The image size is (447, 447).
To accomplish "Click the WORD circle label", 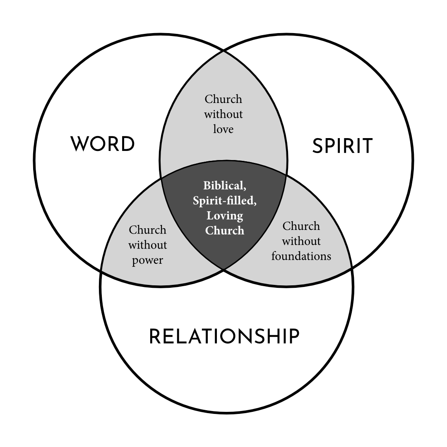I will [103, 144].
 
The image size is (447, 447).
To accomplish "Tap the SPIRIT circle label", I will [342, 146].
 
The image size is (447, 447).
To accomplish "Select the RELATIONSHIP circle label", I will [224, 337].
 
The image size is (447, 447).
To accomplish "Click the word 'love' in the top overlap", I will [223, 129].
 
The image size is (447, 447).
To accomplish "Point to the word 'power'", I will [147, 261].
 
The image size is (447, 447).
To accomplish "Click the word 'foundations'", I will [301, 256].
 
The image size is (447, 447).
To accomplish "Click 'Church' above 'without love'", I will [223, 99].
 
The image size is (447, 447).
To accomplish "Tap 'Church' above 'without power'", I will [147, 230].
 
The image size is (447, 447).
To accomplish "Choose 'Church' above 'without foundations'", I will [301, 226].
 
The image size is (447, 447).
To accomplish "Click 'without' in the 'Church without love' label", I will [223, 114].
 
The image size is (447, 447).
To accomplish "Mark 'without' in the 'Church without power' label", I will [147, 245].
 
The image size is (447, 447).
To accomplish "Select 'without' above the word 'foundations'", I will [301, 241].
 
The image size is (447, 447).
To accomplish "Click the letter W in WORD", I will [79, 144].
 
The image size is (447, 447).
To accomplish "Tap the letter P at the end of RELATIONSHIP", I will [293, 337].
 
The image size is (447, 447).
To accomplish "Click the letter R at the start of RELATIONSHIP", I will [155, 337].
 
